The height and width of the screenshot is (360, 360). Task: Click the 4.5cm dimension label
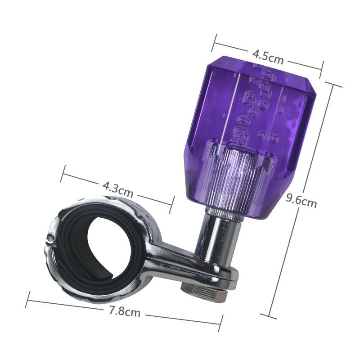pyautogui.click(x=268, y=57)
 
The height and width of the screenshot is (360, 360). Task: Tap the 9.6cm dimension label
pyautogui.click(x=301, y=201)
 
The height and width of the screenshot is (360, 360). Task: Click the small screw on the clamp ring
pyautogui.click(x=50, y=239)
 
